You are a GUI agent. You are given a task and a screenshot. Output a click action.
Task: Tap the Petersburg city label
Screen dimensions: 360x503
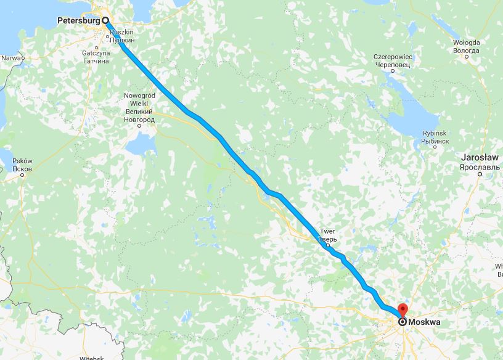click(x=78, y=20)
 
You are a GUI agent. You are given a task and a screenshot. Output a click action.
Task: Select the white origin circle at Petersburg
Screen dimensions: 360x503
click(x=105, y=20)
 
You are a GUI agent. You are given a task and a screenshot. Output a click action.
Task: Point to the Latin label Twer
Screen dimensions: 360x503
click(x=327, y=231)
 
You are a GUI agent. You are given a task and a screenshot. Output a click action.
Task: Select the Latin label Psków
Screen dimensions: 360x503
click(x=22, y=162)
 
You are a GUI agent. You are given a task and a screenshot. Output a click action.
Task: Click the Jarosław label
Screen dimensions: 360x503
click(x=479, y=158)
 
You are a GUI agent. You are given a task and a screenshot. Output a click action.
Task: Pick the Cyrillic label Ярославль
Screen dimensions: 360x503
click(x=480, y=166)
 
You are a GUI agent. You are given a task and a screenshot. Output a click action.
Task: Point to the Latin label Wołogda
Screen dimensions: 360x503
click(x=466, y=43)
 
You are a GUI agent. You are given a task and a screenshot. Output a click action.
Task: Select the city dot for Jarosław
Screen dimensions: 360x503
click(x=480, y=174)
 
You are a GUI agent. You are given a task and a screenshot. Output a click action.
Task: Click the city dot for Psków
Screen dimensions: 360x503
click(x=23, y=175)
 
